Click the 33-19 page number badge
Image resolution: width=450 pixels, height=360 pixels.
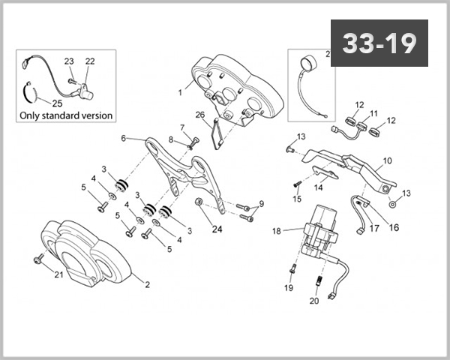(379, 43)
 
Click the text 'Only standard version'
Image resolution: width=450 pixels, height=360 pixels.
(65, 115)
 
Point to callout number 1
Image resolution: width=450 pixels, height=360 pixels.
(180, 92)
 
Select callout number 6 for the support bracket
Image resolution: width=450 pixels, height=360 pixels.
(124, 138)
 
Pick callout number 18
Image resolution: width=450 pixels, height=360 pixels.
(276, 232)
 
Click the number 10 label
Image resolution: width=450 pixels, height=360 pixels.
(387, 160)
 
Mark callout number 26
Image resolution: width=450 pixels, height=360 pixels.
(199, 115)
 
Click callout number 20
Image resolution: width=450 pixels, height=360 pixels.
(313, 301)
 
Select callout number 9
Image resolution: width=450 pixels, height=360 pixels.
(261, 204)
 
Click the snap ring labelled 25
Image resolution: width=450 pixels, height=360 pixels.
(27, 92)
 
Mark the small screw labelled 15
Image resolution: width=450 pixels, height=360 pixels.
(296, 183)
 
